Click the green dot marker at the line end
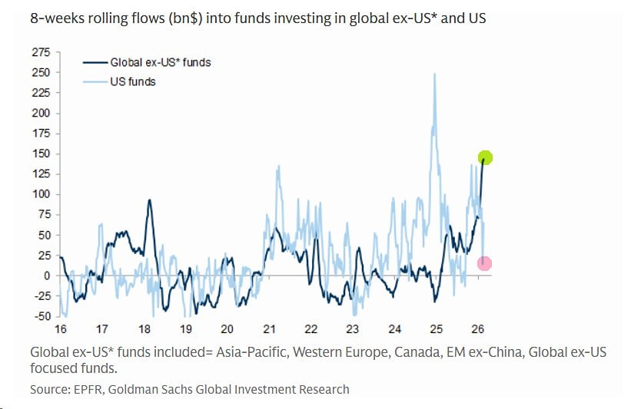tap(485, 158)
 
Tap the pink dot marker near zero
tap(484, 263)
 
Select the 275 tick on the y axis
tap(41, 52)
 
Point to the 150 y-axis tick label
tap(41, 153)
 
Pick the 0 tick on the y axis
tap(46, 275)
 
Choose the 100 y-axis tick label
tap(41, 194)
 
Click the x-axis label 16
tap(59, 329)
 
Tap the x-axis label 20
tap(226, 329)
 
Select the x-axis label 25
tap(436, 329)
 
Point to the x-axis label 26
tap(477, 329)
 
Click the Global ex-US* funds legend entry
tap(160, 62)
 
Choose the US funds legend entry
tap(132, 81)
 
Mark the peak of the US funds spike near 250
tap(435, 74)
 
